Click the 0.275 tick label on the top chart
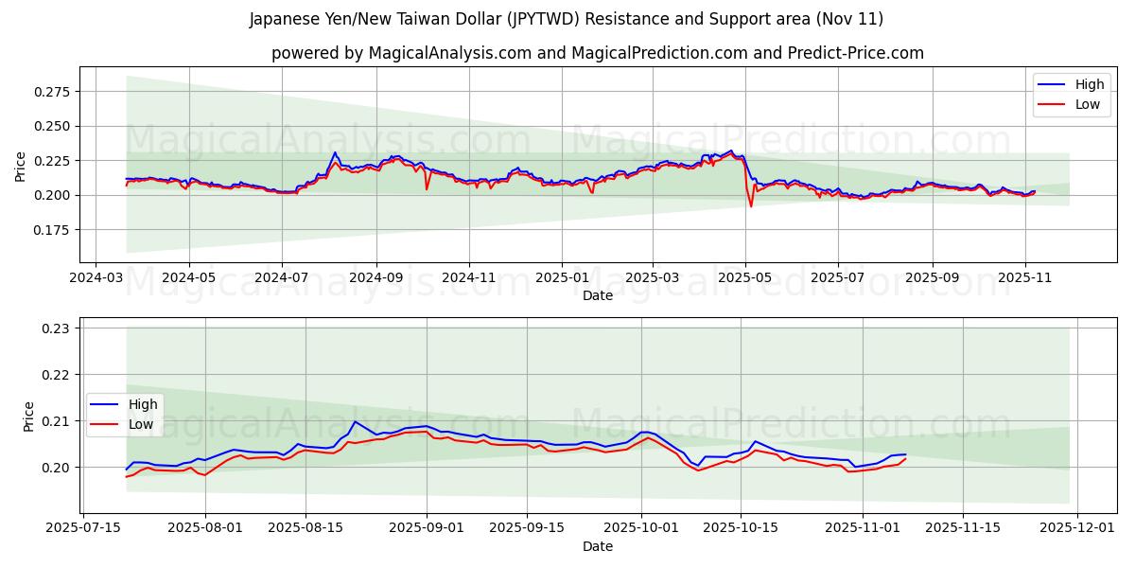click(x=52, y=92)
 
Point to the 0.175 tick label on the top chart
click(x=52, y=230)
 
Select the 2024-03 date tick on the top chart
click(x=96, y=279)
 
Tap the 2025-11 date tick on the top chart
click(x=1025, y=279)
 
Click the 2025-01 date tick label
click(x=561, y=279)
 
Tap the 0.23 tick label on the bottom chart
click(x=58, y=328)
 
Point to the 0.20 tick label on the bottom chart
click(x=58, y=468)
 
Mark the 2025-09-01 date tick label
click(x=426, y=527)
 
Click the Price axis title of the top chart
click(x=21, y=167)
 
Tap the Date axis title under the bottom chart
click(x=597, y=546)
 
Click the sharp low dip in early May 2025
click(x=751, y=205)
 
